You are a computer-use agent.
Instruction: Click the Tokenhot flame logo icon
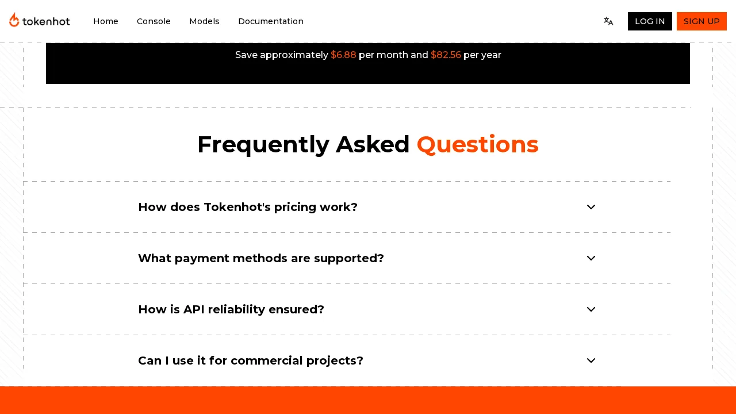(14, 20)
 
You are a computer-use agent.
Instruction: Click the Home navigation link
(106, 21)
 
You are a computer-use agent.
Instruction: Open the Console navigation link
(154, 21)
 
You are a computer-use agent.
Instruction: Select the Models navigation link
(204, 21)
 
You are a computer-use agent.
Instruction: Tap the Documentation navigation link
(271, 21)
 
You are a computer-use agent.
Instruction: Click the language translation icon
(608, 21)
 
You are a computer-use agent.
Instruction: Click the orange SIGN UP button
(701, 21)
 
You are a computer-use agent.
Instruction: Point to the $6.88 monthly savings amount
(343, 55)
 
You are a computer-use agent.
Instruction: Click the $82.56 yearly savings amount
(446, 55)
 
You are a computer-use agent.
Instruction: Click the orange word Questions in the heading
(477, 144)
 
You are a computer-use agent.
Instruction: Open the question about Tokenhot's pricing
(248, 207)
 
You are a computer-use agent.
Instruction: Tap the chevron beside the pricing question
(591, 207)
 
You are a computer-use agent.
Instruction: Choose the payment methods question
(261, 258)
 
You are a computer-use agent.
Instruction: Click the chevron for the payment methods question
(591, 258)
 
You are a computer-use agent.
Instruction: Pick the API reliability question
(231, 309)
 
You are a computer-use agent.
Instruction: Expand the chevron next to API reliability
(591, 309)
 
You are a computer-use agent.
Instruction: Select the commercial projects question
(251, 361)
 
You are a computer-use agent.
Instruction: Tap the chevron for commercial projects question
(591, 361)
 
